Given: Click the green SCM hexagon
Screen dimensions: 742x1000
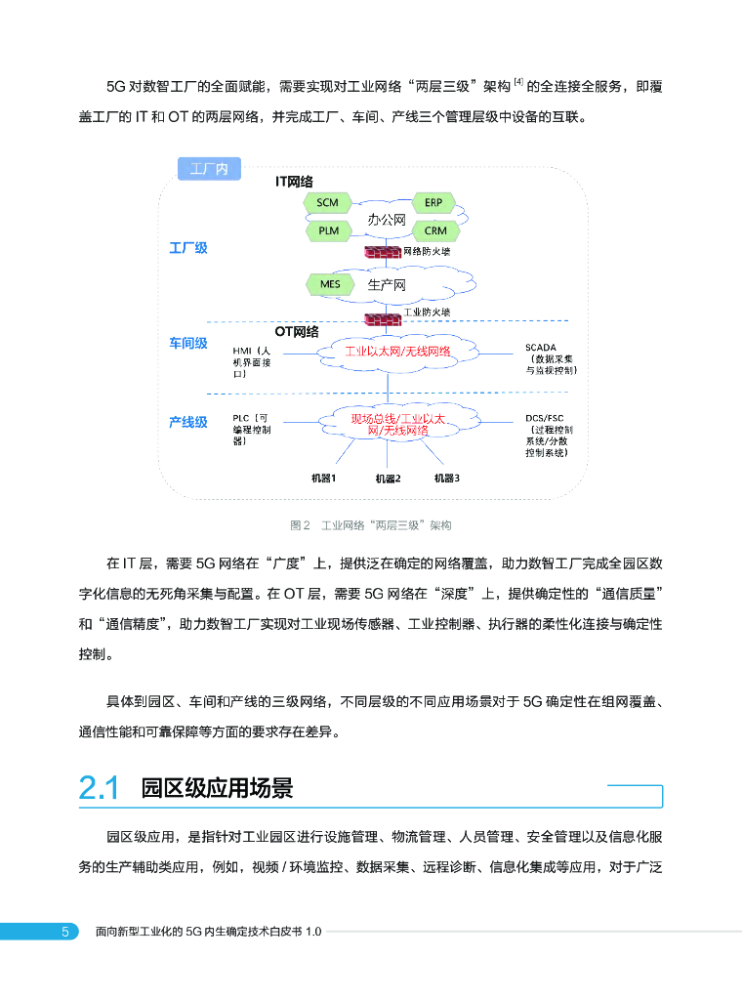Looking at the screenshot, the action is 328,203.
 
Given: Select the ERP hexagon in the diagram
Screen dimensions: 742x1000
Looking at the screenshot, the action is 434,203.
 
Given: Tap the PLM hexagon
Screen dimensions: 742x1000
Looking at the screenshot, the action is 329,231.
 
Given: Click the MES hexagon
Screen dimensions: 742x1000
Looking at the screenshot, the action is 330,284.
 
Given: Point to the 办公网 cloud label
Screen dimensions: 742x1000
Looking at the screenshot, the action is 386,220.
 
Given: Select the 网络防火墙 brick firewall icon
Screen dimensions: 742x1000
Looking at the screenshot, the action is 382,252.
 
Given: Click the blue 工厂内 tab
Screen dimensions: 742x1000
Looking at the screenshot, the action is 209,169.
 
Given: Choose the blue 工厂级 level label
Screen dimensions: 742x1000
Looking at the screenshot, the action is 188,248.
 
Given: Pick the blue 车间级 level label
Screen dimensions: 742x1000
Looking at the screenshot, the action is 188,343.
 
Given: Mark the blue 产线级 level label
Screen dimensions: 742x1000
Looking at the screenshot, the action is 188,422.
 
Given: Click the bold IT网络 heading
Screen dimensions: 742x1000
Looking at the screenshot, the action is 294,182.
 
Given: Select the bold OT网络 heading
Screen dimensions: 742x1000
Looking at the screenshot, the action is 298,332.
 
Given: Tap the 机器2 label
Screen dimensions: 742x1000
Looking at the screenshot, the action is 388,479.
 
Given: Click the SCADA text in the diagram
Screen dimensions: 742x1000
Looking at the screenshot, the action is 541,347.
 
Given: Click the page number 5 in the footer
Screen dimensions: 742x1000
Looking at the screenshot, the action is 65,932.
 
